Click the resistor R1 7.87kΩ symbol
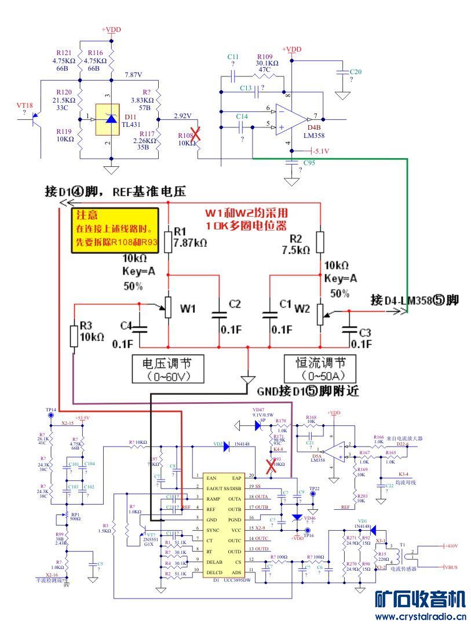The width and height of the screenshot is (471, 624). pos(168,241)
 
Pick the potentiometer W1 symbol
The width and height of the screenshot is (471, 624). pos(168,307)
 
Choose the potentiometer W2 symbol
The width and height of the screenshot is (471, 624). pos(320,313)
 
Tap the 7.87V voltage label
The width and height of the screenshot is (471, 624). pos(133,75)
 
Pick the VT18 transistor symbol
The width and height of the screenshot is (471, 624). pos(35,121)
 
